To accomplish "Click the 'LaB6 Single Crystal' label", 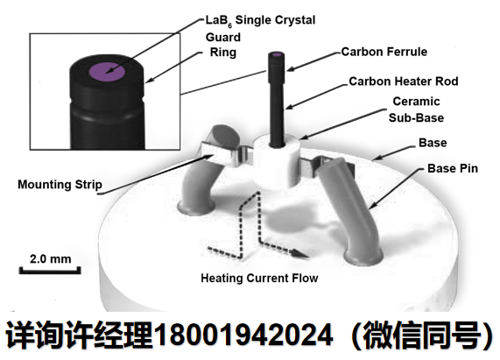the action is (260, 20).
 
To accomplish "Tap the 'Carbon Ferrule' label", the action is (384, 52).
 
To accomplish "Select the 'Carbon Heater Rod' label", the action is (404, 81).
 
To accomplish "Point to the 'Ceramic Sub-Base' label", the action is (416, 109).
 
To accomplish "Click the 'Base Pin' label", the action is (453, 168).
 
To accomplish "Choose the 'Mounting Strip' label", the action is (60, 185).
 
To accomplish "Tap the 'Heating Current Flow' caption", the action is (259, 278).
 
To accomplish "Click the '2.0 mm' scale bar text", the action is (51, 259).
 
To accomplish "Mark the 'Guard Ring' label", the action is (223, 45).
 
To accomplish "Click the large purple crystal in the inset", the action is (107, 72).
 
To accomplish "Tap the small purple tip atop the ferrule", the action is (277, 55).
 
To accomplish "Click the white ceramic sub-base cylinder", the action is (277, 161).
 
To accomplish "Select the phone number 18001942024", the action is (243, 335).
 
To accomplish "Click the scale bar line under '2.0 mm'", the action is (50, 271).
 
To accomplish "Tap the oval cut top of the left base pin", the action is (225, 135).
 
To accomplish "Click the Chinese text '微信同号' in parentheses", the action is (422, 335).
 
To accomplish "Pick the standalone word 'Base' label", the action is (433, 143).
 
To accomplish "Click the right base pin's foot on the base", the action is (363, 257).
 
